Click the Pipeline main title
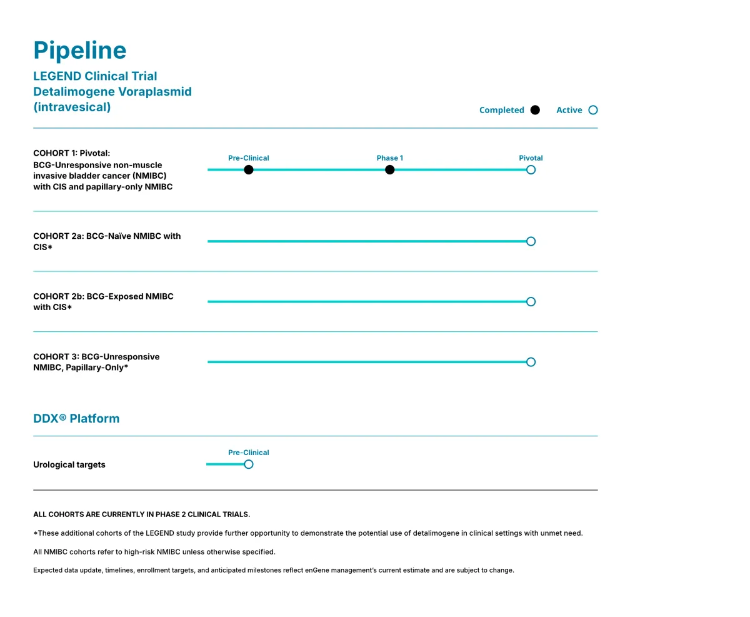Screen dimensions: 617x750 [79, 51]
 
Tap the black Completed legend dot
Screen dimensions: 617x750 [535, 110]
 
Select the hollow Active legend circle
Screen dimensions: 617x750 [593, 110]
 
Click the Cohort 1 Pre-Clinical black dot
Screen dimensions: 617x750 [249, 170]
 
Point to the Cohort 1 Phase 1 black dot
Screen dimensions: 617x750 [390, 170]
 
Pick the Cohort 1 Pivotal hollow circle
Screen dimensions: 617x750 [531, 170]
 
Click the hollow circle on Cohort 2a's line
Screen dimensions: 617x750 [531, 241]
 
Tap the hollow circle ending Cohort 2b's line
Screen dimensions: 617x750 [531, 302]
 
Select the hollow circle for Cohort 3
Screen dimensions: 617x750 [531, 362]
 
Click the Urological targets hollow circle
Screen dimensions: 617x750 [249, 464]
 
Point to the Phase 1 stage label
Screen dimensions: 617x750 [390, 158]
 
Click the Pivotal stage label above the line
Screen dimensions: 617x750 [531, 158]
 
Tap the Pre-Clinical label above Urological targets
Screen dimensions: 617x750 [249, 453]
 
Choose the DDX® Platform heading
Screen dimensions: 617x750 [76, 419]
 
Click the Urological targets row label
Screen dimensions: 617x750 [69, 465]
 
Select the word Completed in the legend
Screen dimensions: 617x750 [501, 110]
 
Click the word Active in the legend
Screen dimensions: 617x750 [569, 110]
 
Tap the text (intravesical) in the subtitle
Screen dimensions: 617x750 [72, 107]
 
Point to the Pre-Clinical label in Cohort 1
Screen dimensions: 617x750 [249, 158]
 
